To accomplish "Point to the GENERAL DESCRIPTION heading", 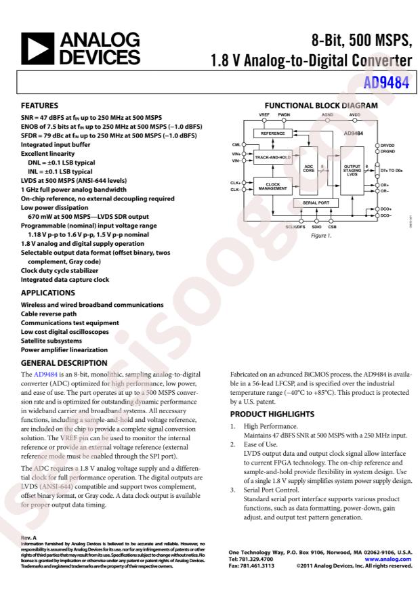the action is [x=64, y=362].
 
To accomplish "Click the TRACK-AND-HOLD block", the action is [x=272, y=157].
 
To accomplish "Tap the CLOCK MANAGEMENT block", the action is [x=272, y=186].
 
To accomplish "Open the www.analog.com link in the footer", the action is [x=393, y=559].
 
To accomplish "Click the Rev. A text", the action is [x=28, y=539].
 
